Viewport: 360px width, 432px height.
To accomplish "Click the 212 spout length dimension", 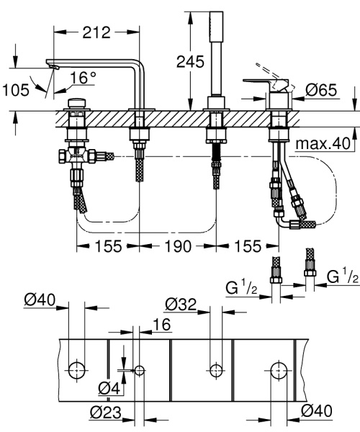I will coord(96,32).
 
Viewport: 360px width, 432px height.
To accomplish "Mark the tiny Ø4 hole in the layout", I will coord(139,370).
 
